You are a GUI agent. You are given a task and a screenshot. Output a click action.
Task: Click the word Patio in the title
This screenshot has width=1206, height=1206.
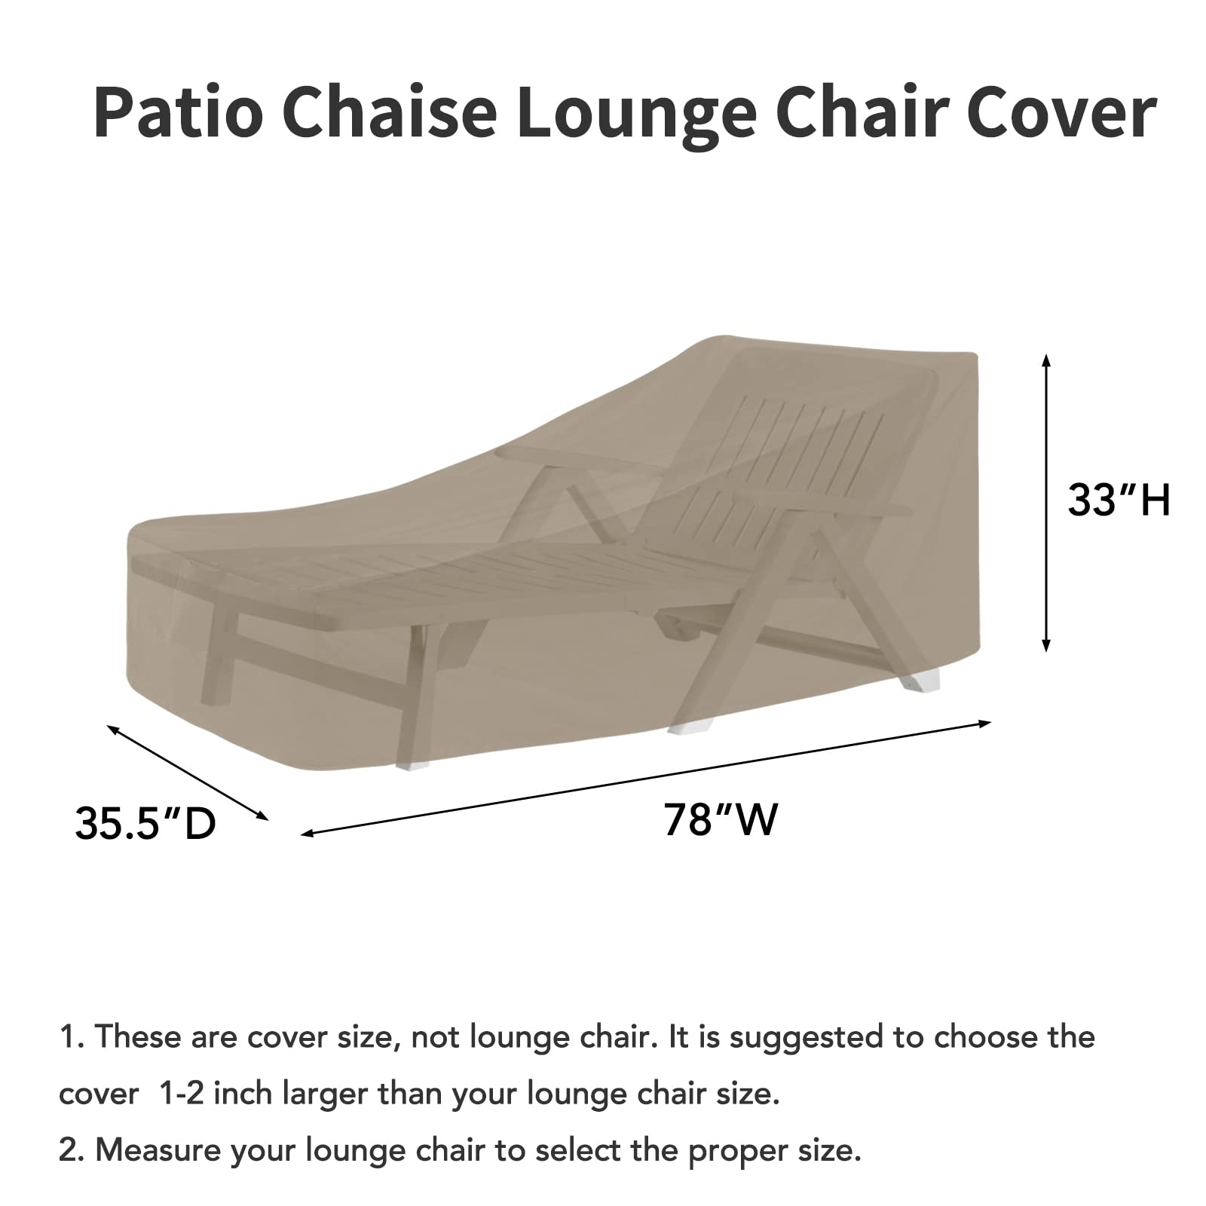pyautogui.click(x=179, y=113)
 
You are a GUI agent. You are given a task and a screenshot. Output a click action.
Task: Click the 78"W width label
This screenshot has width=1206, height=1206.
pyautogui.click(x=720, y=819)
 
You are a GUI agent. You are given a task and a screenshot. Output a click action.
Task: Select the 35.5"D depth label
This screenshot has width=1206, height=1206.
pyautogui.click(x=145, y=823)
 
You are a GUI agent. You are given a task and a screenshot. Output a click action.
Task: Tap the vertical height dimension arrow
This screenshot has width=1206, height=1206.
pyautogui.click(x=1045, y=503)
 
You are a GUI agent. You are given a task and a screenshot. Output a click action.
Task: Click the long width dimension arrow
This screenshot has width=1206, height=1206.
pyautogui.click(x=646, y=777)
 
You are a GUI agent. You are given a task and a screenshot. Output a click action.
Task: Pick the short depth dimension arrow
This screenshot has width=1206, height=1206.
pyautogui.click(x=188, y=772)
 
